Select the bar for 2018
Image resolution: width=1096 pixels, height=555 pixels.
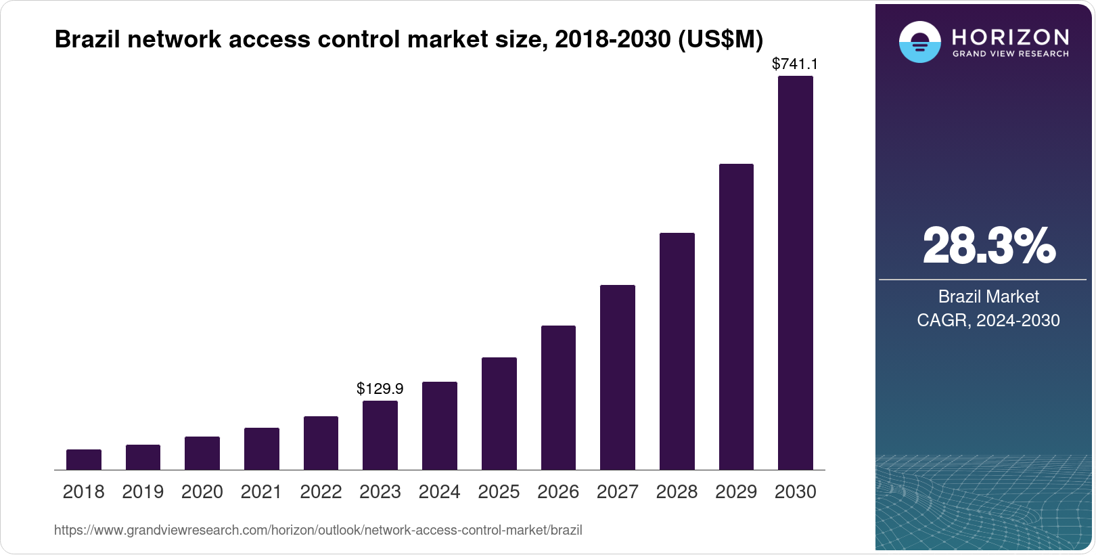[x=84, y=460]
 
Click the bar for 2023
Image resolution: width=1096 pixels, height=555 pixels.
[x=380, y=435]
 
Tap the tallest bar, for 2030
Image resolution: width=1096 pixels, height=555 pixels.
[x=796, y=273]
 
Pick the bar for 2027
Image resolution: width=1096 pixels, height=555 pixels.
[x=618, y=377]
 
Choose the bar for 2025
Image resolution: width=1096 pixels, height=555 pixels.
[x=499, y=414]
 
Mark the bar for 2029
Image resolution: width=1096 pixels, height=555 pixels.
[x=736, y=317]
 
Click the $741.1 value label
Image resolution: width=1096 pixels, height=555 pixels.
[x=795, y=64]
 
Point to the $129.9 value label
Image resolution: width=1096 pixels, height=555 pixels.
[x=380, y=388]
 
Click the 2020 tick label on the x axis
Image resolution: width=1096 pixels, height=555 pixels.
[x=202, y=492]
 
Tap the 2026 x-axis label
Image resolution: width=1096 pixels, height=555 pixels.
[x=558, y=492]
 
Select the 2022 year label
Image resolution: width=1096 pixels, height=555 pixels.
[x=321, y=492]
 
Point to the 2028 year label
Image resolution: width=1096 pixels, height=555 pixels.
[x=677, y=492]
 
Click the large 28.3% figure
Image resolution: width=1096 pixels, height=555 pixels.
[x=988, y=246]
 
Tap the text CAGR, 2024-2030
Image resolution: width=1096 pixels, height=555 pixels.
[x=988, y=320]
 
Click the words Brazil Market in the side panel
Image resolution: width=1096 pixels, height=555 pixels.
[x=988, y=296]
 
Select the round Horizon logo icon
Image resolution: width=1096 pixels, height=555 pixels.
[x=920, y=42]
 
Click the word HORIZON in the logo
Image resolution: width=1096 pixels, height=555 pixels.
[x=1011, y=37]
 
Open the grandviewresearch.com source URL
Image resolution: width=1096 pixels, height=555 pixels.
[x=318, y=530]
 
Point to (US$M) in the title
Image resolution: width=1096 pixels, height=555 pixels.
[x=720, y=39]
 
